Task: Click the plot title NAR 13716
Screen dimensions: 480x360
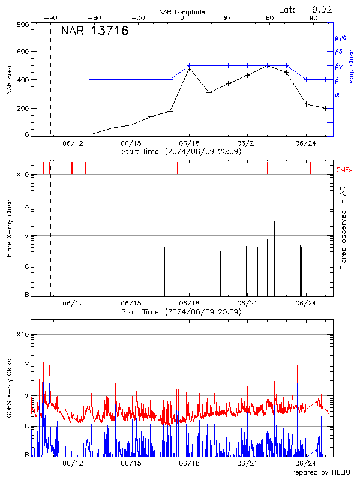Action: [x=95, y=32]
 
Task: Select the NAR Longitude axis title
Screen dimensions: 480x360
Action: [x=182, y=12]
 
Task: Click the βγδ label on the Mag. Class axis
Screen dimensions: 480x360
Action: [x=341, y=37]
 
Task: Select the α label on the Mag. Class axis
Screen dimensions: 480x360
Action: [x=337, y=94]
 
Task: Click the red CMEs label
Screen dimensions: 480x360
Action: [x=346, y=169]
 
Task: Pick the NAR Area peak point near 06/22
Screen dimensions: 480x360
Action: [x=267, y=65]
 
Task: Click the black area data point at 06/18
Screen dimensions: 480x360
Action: [x=190, y=68]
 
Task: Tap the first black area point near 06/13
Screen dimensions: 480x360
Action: [x=92, y=134]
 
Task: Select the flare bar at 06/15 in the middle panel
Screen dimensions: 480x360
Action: [x=131, y=275]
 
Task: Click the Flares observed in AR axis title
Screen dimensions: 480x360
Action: [x=343, y=227]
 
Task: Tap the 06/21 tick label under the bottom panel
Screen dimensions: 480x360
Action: [x=247, y=464]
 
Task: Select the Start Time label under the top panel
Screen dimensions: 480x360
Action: [x=181, y=152]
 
